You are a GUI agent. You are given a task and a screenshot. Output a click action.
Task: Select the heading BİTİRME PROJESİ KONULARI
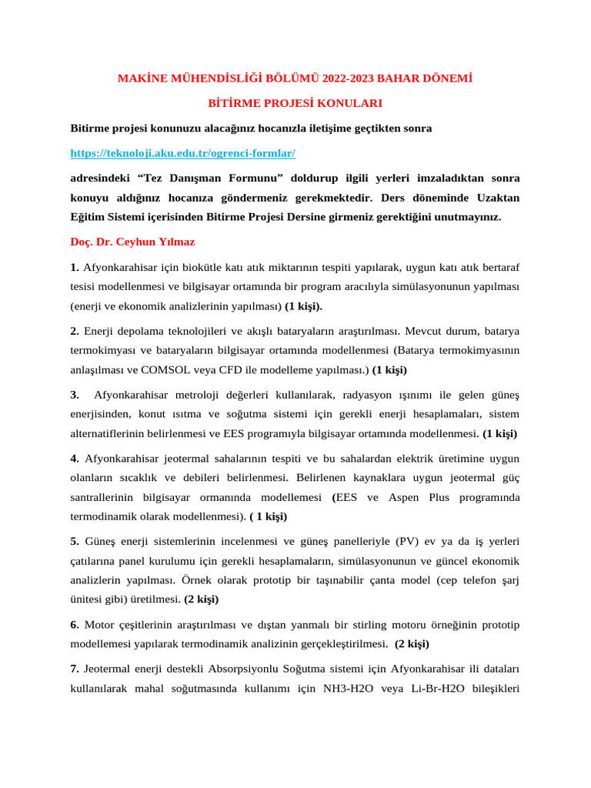(x=295, y=103)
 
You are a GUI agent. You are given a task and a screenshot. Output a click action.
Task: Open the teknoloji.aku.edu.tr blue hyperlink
(x=182, y=153)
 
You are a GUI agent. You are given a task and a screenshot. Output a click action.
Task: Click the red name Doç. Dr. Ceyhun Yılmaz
(x=132, y=242)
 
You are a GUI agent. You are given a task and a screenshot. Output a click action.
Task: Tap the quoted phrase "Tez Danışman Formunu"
(x=212, y=178)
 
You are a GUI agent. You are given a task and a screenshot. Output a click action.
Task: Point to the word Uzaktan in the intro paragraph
(x=498, y=198)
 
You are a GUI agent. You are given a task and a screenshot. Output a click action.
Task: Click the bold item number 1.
(x=75, y=267)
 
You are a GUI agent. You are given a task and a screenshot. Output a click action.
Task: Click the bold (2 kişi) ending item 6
(x=412, y=643)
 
